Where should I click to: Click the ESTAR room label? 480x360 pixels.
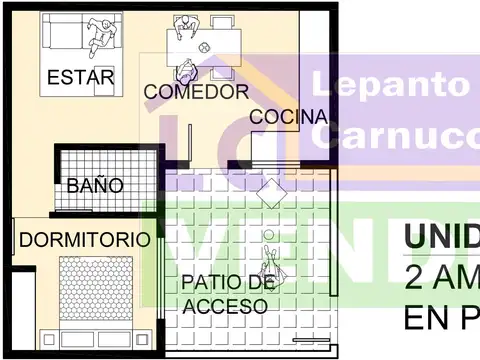pos(80,77)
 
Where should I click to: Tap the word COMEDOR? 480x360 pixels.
pos(196,92)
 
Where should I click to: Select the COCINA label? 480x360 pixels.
pos(288,117)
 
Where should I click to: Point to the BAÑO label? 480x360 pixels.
pos(95,185)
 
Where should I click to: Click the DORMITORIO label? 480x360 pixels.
pos(85,240)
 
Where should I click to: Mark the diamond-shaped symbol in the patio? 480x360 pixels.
pos(272,192)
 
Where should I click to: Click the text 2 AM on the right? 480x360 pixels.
pos(441,278)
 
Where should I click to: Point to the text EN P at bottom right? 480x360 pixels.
pos(441,318)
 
